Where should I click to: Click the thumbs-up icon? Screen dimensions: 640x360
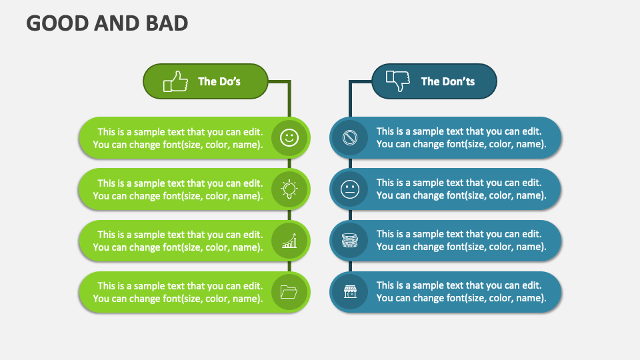coord(175,81)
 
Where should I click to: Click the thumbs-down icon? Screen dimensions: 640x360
coord(398,81)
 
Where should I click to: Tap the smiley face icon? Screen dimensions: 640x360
coord(289,137)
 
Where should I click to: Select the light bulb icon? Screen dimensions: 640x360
coord(289,189)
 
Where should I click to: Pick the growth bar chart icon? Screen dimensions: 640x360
coord(289,241)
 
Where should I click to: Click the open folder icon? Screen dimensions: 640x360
coord(289,292)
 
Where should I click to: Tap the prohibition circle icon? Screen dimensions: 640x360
coord(350,137)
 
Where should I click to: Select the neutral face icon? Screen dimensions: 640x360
coord(350,189)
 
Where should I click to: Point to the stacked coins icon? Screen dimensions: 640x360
coord(350,241)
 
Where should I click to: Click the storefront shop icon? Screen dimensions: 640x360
coord(350,292)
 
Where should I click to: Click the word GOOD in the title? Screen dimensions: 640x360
coord(57,23)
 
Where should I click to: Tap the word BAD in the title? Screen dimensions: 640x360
coord(167,23)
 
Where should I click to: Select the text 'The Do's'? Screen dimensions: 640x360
coord(219,81)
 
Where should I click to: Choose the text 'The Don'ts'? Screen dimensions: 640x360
coord(448,81)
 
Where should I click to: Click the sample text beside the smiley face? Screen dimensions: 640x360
coord(178,139)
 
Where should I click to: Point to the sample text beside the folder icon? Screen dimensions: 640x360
coord(178,292)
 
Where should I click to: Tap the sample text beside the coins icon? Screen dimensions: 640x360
coord(461,241)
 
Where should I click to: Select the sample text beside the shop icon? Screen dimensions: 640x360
coord(461,291)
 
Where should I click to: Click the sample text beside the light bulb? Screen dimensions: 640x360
coord(178,190)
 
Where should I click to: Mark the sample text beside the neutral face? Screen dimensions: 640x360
coord(461,189)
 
